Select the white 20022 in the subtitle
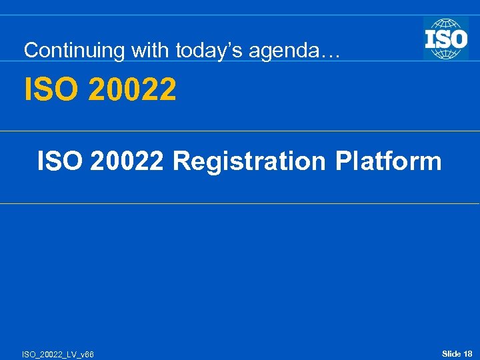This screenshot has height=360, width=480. tap(133, 161)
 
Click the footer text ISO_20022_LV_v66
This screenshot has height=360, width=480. tap(59, 355)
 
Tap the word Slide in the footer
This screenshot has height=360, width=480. tap(451, 353)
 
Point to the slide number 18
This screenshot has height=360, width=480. tap(468, 353)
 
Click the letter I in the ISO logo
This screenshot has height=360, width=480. tap(430, 38)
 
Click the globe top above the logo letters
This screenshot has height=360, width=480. tap(446, 23)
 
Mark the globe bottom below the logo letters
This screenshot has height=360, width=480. tap(446, 54)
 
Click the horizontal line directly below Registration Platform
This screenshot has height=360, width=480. tap(240, 203)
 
